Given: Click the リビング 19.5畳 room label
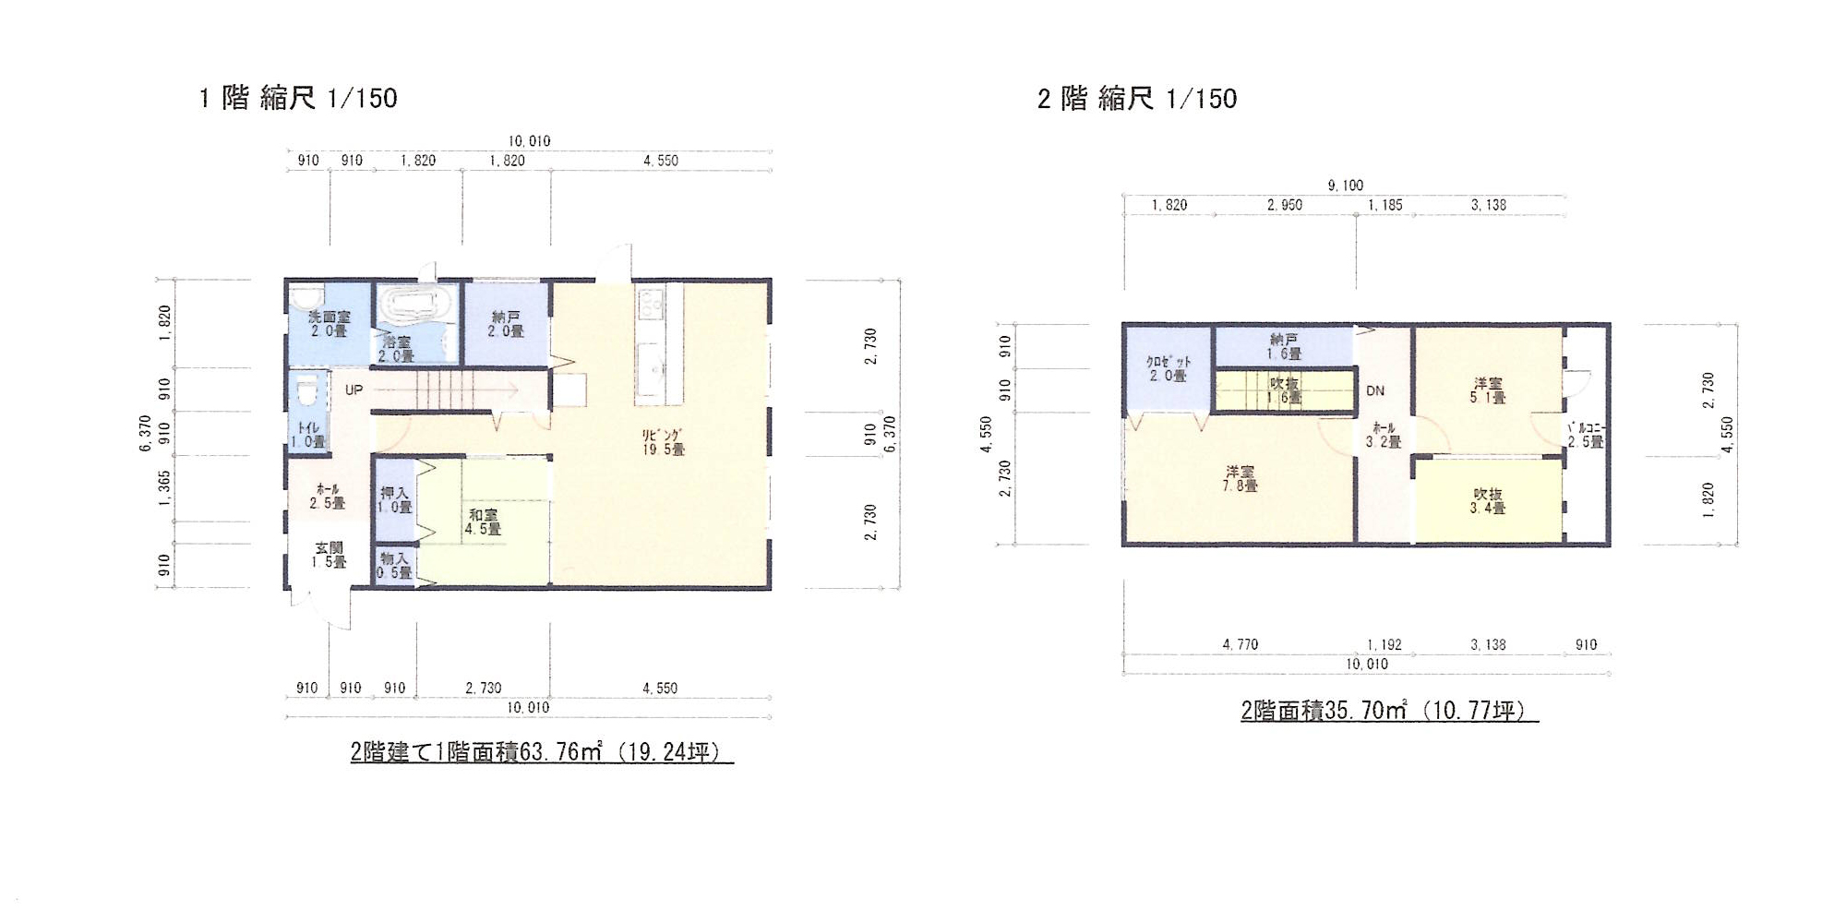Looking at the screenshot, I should [664, 442].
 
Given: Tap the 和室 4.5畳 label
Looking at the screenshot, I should [483, 522].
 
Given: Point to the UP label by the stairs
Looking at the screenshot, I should [354, 390].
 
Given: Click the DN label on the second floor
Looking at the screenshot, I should [1375, 390].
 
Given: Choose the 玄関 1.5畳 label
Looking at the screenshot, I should [329, 555].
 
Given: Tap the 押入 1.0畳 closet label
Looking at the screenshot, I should [395, 500].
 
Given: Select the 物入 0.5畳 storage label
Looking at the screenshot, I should [394, 565].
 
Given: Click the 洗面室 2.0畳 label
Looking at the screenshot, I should [329, 324].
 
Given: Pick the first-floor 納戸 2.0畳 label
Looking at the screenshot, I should [506, 324].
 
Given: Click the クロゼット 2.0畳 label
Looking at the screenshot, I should [1168, 369].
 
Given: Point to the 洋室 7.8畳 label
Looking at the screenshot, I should [1240, 478].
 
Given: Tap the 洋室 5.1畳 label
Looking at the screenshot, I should [1488, 390].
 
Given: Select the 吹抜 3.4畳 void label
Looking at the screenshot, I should [1487, 501].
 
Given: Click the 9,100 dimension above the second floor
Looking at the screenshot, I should [1345, 186].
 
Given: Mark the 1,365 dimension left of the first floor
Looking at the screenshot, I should [164, 488].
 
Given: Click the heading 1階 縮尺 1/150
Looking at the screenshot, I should [298, 98].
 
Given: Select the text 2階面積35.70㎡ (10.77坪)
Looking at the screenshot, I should [1389, 710].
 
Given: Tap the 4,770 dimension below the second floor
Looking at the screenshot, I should [1240, 644].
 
